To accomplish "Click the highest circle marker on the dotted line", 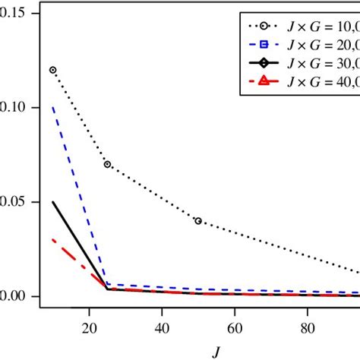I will point(53,70).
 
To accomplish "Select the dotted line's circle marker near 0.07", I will point(107,164).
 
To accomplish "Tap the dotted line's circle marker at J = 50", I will point(198,221).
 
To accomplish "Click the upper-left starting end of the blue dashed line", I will point(53,108).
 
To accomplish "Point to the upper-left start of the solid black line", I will point(53,202).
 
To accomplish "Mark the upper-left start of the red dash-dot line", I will point(53,240).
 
